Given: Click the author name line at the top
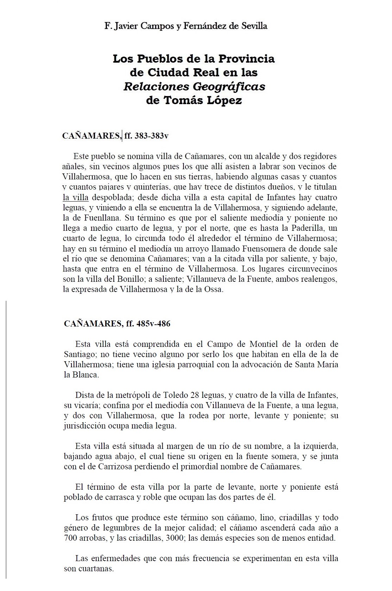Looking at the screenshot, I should [186, 26].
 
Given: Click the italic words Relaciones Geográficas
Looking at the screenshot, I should [194, 87].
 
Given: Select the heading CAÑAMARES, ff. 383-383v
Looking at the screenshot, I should [115, 136].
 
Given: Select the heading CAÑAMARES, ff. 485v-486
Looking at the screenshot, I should [117, 324].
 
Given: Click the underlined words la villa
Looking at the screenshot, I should [75, 197].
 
